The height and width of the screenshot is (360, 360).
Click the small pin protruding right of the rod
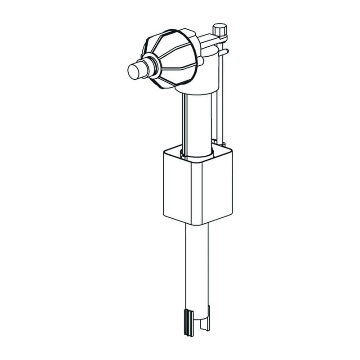click(226, 51)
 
